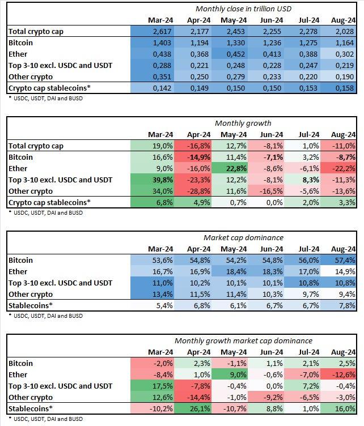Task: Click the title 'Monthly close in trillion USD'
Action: pyautogui.click(x=243, y=8)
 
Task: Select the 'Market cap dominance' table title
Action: pyautogui.click(x=243, y=238)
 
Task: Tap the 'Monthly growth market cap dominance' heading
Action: pyautogui.click(x=243, y=340)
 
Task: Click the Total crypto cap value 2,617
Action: pyautogui.click(x=162, y=32)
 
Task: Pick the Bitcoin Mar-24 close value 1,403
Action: pyautogui.click(x=162, y=43)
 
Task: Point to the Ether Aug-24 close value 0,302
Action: pyautogui.click(x=345, y=54)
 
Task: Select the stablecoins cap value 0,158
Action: pyautogui.click(x=345, y=88)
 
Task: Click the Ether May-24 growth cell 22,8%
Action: pyautogui.click(x=236, y=169)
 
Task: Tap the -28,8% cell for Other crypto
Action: pyautogui.click(x=198, y=191)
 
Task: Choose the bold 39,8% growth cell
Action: pyautogui.click(x=162, y=180)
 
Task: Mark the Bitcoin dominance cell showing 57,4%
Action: pyautogui.click(x=345, y=260)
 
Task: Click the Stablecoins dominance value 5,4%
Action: pyautogui.click(x=164, y=306)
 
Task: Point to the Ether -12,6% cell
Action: pyautogui.click(x=344, y=375)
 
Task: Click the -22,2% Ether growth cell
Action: pyautogui.click(x=344, y=169)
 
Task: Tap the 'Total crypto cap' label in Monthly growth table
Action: pyautogui.click(x=36, y=146)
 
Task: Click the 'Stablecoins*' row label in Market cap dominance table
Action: pyautogui.click(x=31, y=306)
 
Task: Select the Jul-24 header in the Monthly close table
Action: pyautogui.click(x=308, y=20)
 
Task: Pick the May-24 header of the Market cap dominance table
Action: pyautogui.click(x=234, y=249)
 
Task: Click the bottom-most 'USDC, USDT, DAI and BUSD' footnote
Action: pyautogui.click(x=46, y=419)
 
